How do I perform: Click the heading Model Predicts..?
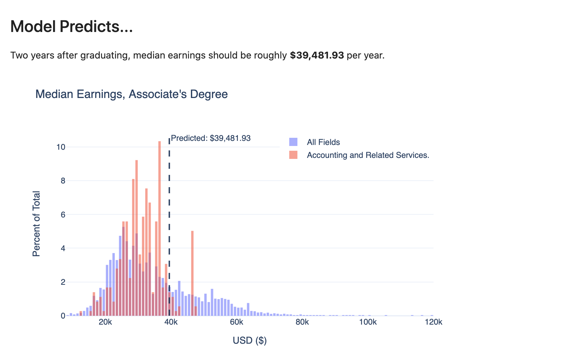[71, 27]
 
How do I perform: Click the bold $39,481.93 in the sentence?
[317, 55]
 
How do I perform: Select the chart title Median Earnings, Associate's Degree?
[131, 94]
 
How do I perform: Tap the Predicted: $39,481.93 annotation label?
[211, 138]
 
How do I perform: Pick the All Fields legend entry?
[323, 142]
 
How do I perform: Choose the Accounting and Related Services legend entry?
[368, 155]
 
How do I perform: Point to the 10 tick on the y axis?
[61, 147]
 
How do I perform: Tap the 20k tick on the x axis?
[105, 322]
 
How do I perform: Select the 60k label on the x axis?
[236, 322]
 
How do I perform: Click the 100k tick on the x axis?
[368, 322]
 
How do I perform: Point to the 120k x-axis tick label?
[434, 322]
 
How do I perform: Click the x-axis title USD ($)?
[250, 341]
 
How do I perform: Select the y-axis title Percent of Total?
[36, 224]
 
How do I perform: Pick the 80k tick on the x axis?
[302, 322]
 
